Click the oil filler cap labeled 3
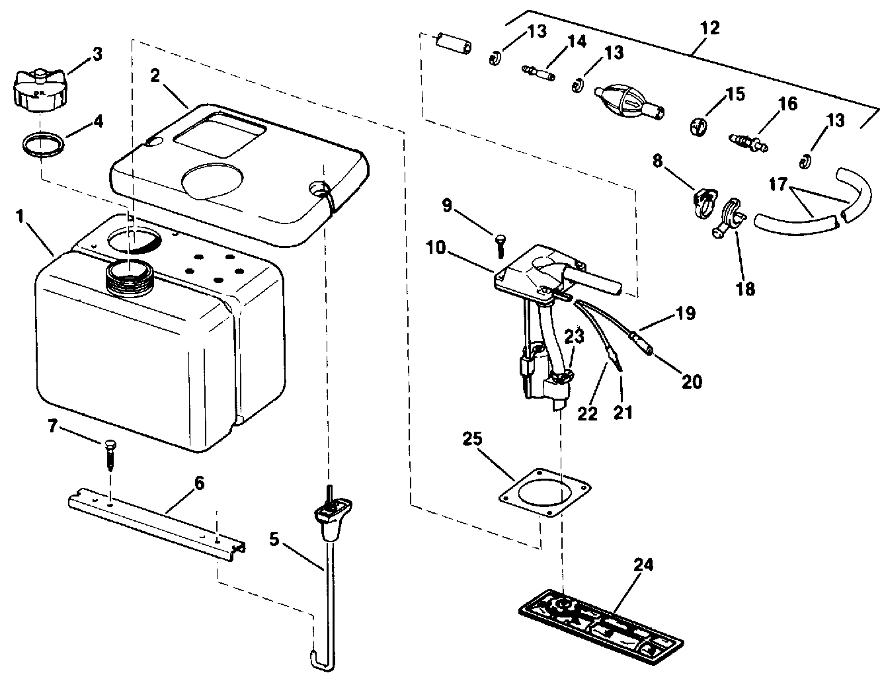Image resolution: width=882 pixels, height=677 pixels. tap(38, 91)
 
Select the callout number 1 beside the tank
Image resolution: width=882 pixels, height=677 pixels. tap(21, 216)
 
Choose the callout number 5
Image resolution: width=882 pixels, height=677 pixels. tap(274, 539)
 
